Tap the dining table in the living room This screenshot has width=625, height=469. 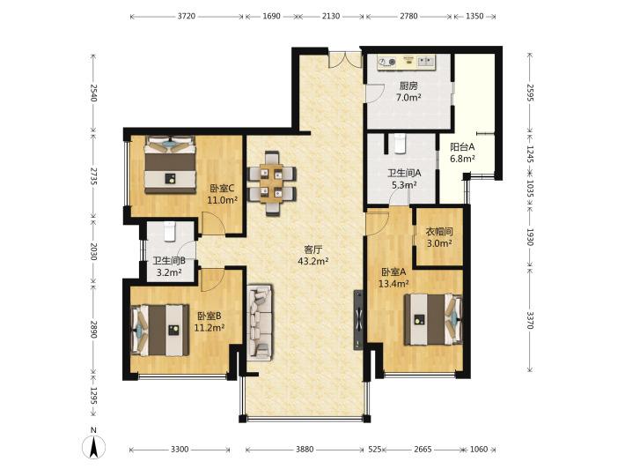point(272,183)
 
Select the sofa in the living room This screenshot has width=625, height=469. point(260,323)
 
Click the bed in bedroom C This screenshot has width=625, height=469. point(170,165)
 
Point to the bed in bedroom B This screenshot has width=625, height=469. point(159,330)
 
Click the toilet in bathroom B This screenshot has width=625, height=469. point(170,231)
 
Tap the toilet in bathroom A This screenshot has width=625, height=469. point(399,144)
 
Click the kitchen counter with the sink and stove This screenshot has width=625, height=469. point(407,62)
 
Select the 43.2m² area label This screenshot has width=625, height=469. point(312,262)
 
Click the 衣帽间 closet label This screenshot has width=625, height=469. point(439,231)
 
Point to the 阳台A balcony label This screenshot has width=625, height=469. point(462,147)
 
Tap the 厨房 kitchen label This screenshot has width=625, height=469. point(408,86)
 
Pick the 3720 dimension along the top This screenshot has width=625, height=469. point(186,16)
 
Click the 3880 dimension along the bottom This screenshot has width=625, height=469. point(305,449)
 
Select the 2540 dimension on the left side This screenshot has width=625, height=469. point(93,93)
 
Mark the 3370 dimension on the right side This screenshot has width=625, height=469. point(530,320)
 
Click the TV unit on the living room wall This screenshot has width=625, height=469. point(358,320)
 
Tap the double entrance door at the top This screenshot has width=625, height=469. point(344,59)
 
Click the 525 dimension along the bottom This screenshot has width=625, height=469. point(375,449)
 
